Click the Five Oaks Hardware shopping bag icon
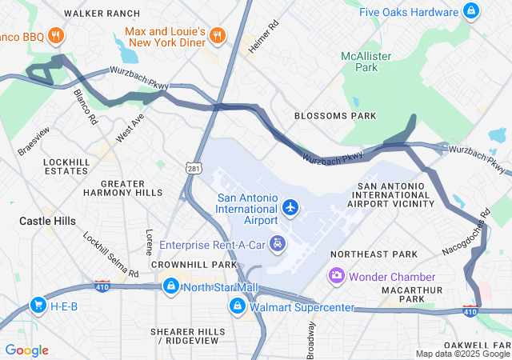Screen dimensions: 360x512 pyautogui.click(x=472, y=11)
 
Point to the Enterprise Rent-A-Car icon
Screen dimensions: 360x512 pyautogui.click(x=278, y=243)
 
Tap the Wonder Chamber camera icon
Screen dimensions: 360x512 pyautogui.click(x=337, y=275)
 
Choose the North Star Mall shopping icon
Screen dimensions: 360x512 pyautogui.click(x=170, y=287)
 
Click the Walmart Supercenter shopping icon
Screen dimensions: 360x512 pyautogui.click(x=238, y=306)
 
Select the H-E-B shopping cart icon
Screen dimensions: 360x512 pyautogui.click(x=38, y=305)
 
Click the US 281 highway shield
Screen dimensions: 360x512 pyautogui.click(x=194, y=169)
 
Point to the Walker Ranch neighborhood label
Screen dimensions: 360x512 pyautogui.click(x=97, y=14)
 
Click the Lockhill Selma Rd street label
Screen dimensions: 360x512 pyautogui.click(x=111, y=255)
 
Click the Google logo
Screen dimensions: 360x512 pyautogui.click(x=26, y=350)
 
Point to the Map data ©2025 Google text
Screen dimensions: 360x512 pyautogui.click(x=462, y=354)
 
